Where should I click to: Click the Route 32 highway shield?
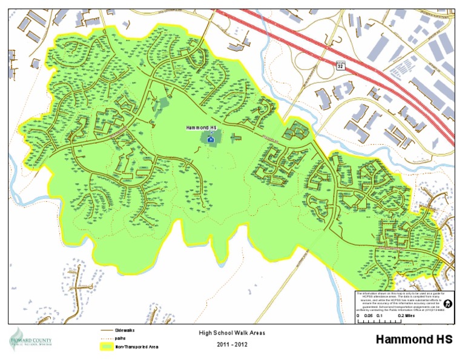tap(341, 65)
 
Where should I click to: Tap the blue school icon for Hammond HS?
tap(211, 139)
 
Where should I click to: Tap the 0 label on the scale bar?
tap(357, 316)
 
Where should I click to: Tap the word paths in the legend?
tap(122, 338)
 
